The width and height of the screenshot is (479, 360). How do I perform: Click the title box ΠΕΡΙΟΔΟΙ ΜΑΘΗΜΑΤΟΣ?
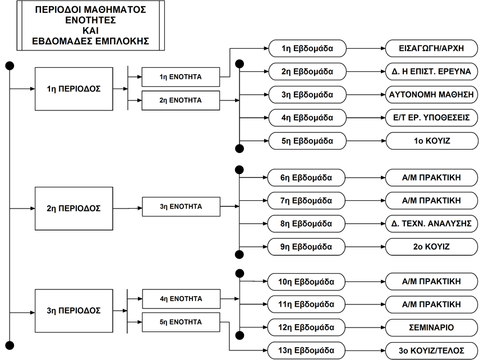point(91,25)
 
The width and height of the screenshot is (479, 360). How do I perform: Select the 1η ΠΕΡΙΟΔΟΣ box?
point(74,89)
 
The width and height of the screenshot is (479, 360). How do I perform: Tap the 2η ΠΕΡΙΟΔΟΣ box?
point(74,209)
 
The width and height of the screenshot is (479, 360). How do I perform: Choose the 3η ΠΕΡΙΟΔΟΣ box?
point(74,311)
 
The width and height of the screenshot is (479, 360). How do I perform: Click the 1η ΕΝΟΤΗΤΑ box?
point(181,77)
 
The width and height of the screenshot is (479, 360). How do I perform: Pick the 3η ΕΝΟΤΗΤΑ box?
point(181,207)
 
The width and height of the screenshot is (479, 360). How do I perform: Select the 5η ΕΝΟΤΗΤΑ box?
point(181,322)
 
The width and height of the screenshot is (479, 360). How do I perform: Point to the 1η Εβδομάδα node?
point(307,48)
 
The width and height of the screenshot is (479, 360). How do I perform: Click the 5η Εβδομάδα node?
point(307,141)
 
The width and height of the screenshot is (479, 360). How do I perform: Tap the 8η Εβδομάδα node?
point(306,224)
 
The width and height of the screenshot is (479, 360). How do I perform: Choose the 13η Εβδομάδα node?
point(306,350)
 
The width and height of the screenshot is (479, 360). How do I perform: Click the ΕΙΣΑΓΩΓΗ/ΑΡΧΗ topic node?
point(431,48)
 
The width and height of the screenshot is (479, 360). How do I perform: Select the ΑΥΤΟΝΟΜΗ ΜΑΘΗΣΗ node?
point(431,95)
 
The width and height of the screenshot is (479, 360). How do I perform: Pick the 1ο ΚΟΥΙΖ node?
point(432,141)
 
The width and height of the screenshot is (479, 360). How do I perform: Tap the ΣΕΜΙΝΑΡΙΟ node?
point(431,327)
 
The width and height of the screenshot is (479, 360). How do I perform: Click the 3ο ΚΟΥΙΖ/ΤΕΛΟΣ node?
point(431,350)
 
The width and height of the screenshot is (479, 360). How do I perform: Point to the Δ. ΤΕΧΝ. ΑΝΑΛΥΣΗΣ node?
point(431,224)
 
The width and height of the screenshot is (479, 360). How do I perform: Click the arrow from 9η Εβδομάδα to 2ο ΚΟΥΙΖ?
point(365,247)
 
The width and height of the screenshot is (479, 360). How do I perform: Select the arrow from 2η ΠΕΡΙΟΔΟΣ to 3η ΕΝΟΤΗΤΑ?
point(128,208)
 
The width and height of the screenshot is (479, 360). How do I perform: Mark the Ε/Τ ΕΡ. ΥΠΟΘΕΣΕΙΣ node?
point(431,118)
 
